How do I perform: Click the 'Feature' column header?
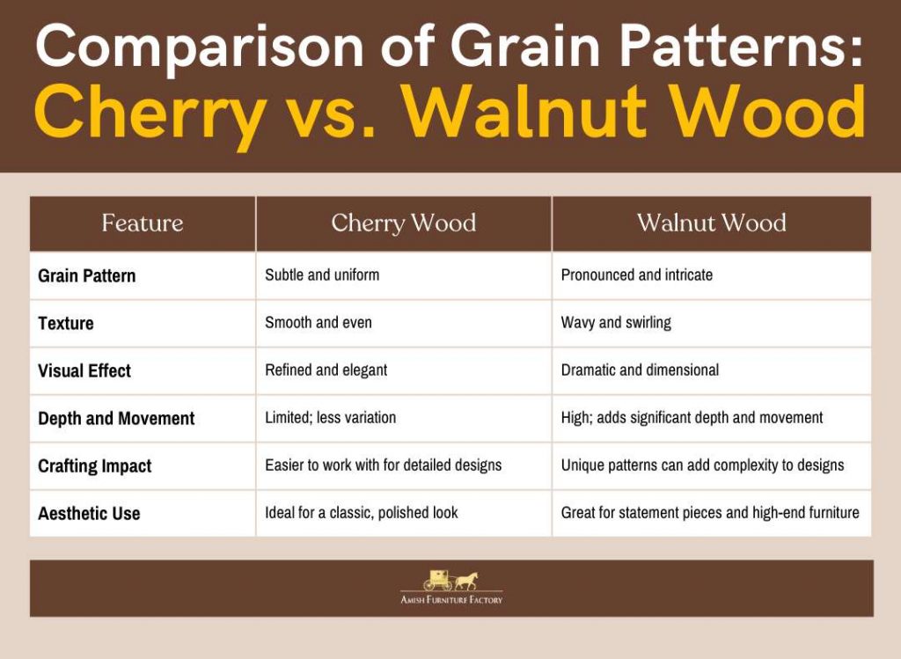143,223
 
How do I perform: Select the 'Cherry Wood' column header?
403,223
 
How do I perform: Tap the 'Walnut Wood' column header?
711,223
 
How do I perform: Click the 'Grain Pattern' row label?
87,275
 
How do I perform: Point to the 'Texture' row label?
65,323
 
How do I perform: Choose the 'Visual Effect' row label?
84,370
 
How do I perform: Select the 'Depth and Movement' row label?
116,418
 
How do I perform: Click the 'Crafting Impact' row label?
95,466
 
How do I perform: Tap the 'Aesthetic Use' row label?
89,513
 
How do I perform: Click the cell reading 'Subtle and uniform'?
322,275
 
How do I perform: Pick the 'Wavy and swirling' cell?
616,322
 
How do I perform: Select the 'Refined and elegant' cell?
326,370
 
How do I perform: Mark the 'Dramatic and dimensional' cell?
640,370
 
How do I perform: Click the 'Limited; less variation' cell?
331,417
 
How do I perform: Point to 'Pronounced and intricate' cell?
637,275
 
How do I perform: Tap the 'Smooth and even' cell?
319,322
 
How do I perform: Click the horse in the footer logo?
466,581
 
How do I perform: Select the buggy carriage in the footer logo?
438,581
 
